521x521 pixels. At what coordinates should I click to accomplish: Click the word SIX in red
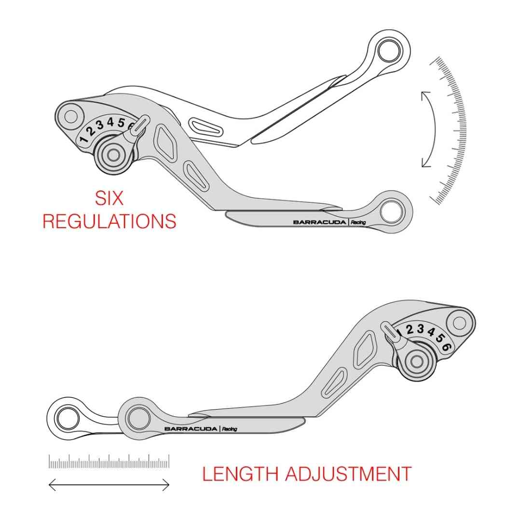pyautogui.click(x=110, y=198)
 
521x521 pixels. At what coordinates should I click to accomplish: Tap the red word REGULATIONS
pyautogui.click(x=110, y=221)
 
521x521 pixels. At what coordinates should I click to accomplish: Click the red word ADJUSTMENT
pyautogui.click(x=348, y=474)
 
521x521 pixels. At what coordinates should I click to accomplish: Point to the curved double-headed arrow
pyautogui.click(x=428, y=129)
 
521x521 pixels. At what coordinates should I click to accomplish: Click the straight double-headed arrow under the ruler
pyautogui.click(x=109, y=485)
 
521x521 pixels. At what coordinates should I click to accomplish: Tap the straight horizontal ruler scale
pyautogui.click(x=109, y=462)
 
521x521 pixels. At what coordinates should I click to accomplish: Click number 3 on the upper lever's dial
pyautogui.click(x=100, y=125)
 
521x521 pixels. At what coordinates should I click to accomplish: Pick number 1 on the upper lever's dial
pyautogui.click(x=83, y=140)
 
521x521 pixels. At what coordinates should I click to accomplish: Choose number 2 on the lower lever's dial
pyautogui.click(x=410, y=330)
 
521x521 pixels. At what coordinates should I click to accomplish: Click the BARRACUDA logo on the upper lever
pyautogui.click(x=319, y=222)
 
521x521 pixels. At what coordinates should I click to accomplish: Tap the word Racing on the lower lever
pyautogui.click(x=230, y=429)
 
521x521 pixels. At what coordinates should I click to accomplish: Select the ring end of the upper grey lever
pyautogui.click(x=390, y=211)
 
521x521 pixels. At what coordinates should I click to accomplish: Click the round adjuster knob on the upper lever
pyautogui.click(x=113, y=155)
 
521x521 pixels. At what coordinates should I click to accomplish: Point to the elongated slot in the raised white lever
pyautogui.click(x=206, y=127)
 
